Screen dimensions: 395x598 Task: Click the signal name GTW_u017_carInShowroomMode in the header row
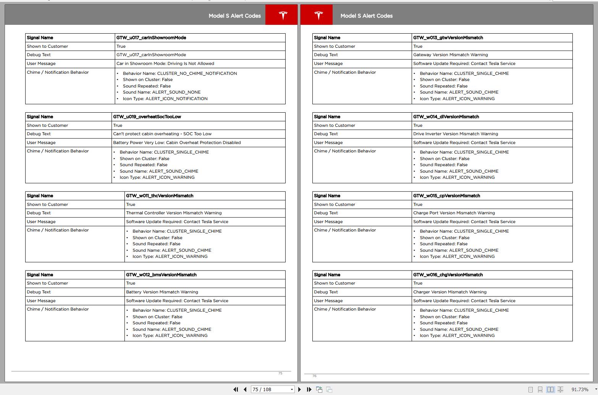(x=151, y=38)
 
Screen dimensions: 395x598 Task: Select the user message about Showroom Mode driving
(x=165, y=63)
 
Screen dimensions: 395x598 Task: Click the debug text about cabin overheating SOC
(x=162, y=134)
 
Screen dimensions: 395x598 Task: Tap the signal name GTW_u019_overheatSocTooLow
(x=147, y=117)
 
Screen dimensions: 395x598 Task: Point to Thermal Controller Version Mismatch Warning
(x=174, y=213)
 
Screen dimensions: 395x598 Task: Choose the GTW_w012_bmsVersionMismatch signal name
(x=161, y=275)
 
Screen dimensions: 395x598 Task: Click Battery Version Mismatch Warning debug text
(x=162, y=292)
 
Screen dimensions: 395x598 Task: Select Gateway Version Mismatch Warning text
(x=450, y=55)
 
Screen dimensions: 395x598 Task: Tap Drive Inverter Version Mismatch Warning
(x=455, y=134)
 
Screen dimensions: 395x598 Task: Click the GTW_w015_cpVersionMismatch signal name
(x=446, y=196)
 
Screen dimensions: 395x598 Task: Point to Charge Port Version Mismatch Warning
(x=454, y=213)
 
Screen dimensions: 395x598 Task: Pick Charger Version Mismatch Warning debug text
(x=449, y=292)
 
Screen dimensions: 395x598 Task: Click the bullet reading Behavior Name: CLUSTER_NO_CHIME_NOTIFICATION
(x=180, y=73)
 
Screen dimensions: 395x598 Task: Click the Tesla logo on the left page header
(x=283, y=15)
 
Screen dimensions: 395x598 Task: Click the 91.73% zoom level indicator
(x=580, y=390)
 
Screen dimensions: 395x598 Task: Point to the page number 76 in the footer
(x=314, y=376)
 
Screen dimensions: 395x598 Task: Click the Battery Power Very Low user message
(x=177, y=142)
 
